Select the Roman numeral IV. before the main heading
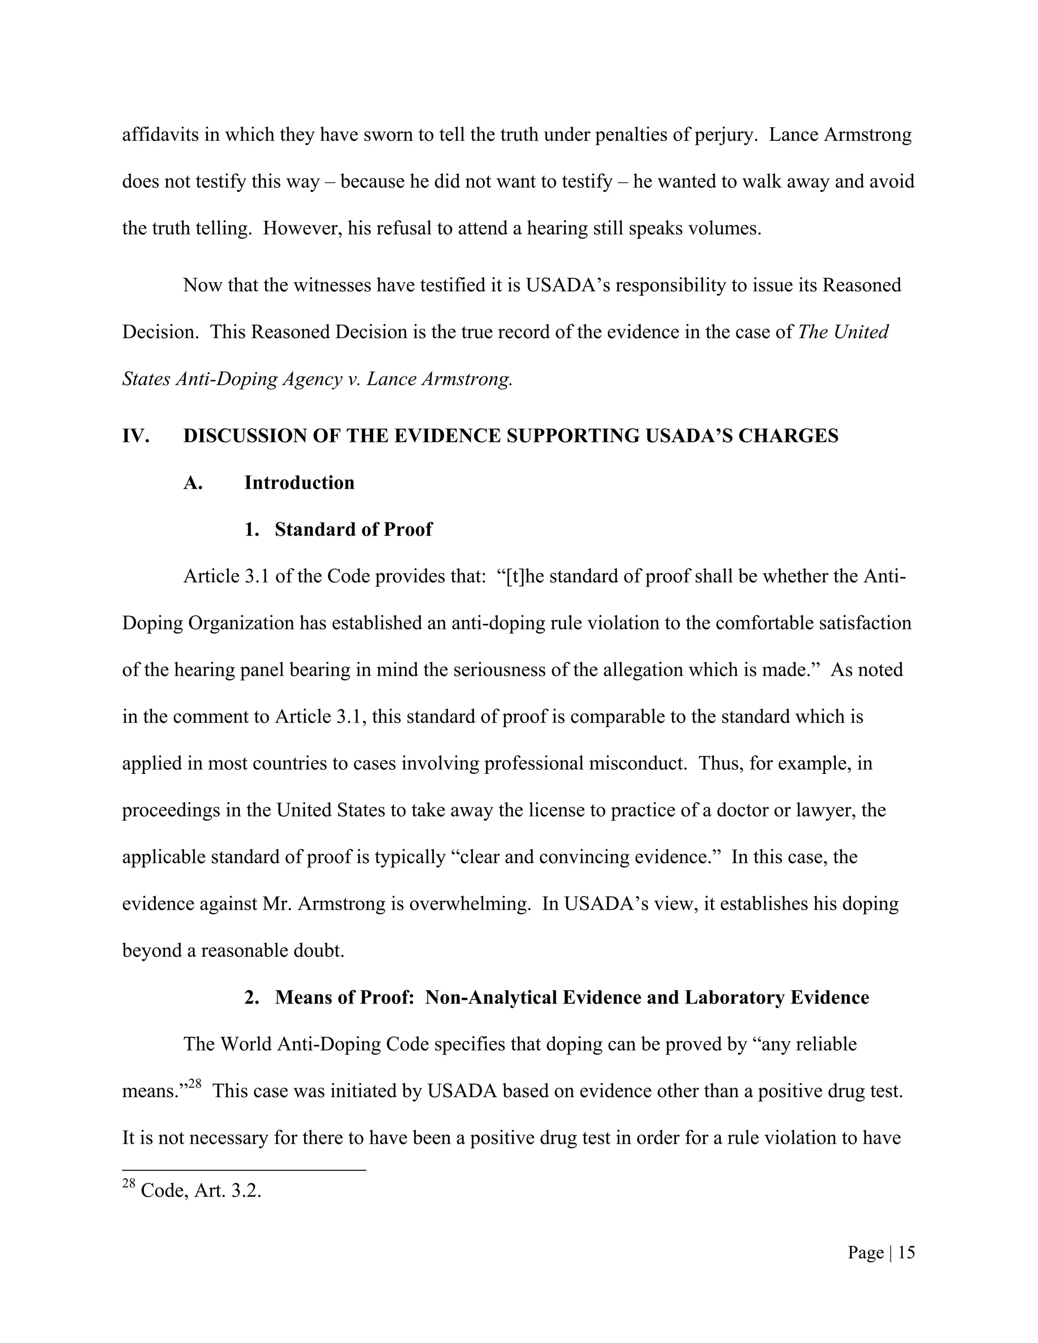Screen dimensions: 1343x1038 (x=136, y=436)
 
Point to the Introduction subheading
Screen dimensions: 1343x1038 (x=299, y=482)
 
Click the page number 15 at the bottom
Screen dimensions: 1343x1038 (x=906, y=1253)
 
